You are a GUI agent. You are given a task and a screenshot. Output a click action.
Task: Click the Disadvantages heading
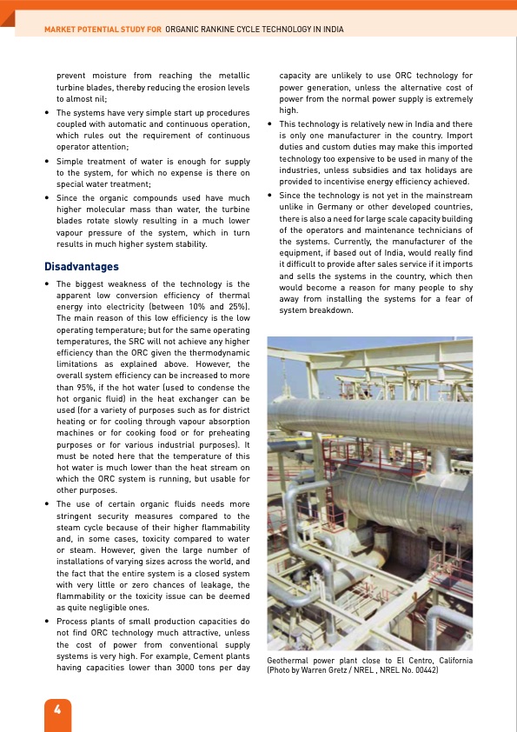pyautogui.click(x=82, y=266)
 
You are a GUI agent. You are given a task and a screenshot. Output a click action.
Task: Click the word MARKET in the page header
pyautogui.click(x=61, y=30)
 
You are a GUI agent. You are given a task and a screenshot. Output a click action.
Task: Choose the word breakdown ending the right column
pyautogui.click(x=331, y=310)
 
